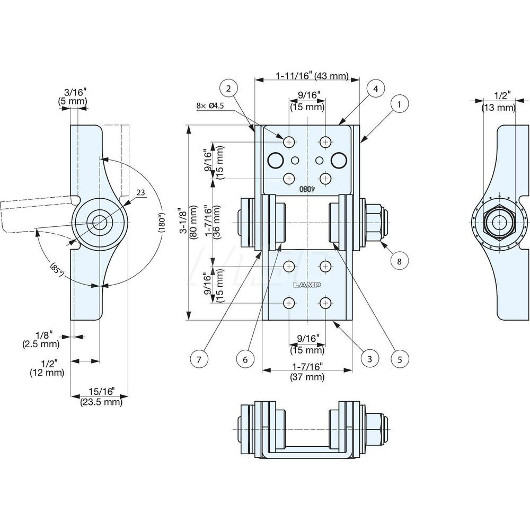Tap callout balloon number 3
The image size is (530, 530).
(369, 359)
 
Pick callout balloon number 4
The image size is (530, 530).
(375, 89)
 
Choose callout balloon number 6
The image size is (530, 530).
(245, 359)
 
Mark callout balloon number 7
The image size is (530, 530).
(199, 359)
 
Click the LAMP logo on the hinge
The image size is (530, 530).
(307, 285)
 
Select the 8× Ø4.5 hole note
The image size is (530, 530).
(210, 106)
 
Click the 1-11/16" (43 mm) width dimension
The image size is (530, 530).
(312, 76)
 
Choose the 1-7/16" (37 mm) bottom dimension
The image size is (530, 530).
(307, 372)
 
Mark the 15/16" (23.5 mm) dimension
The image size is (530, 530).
(101, 396)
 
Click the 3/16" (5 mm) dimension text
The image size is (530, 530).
(73, 96)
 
